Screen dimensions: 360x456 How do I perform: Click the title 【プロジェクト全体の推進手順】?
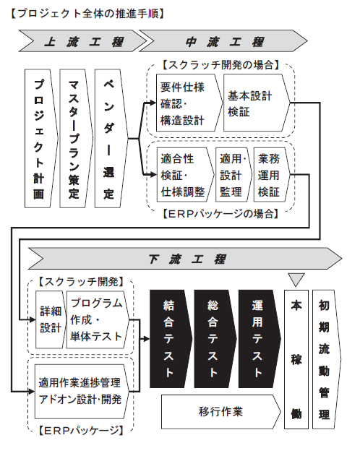pos(87,14)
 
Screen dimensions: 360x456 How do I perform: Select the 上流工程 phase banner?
pos(83,41)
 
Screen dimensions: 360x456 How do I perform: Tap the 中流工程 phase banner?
pos(223,41)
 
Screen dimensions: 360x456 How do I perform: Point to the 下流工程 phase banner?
pos(185,259)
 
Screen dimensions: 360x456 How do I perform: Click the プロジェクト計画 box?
pos(41,139)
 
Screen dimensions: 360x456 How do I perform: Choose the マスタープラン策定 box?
pos(76,139)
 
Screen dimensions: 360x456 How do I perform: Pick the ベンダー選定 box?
pos(111,139)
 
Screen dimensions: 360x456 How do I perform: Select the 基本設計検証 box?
pos(257,103)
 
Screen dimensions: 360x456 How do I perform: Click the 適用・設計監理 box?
pos(233,175)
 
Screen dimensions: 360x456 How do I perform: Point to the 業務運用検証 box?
pos(272,175)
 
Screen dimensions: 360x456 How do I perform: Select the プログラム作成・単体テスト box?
pos(98,319)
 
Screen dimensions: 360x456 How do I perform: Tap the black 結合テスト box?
pos(171,339)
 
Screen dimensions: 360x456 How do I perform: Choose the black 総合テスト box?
pos(215,339)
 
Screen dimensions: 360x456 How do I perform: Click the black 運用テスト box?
pos(260,339)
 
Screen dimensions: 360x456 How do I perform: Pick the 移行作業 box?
pos(221,412)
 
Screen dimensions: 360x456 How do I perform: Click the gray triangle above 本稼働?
pos(296,279)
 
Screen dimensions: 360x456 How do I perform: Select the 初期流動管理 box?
pos(326,359)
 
